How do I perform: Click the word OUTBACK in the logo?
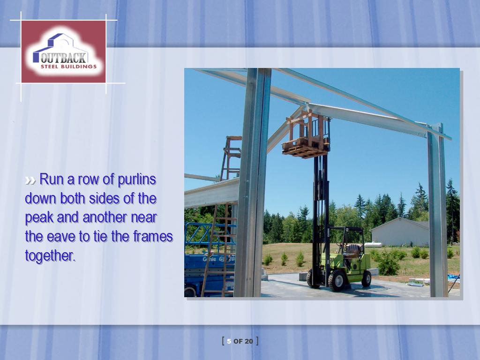tap(64, 58)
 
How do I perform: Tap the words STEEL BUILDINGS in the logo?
tap(68, 67)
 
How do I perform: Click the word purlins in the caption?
tap(137, 180)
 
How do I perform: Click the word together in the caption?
tap(50, 256)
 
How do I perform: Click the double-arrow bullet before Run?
tap(30, 180)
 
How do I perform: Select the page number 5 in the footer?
tap(229, 341)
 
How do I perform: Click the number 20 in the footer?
tap(249, 341)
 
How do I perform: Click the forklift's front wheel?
tap(336, 280)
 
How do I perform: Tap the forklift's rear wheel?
tap(366, 278)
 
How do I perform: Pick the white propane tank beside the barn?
tap(373, 245)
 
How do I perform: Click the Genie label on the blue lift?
tap(210, 259)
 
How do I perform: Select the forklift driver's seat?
tap(353, 251)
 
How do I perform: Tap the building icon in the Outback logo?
tap(60, 46)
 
